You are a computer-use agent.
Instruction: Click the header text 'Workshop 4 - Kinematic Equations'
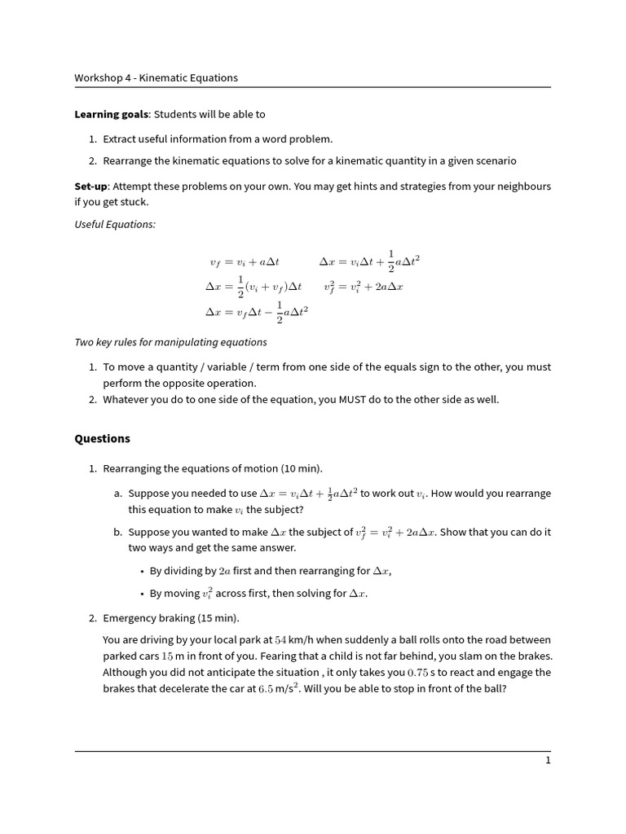(156, 78)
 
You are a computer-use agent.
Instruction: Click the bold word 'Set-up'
(90, 187)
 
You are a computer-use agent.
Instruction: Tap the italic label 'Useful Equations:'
(115, 225)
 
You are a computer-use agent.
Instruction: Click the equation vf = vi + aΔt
(245, 263)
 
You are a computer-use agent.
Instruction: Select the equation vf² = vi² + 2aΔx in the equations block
(364, 287)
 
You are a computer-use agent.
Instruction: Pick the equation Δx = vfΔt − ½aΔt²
(257, 313)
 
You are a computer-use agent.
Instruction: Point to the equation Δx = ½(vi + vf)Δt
(253, 287)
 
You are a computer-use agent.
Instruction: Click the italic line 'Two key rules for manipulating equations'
(170, 342)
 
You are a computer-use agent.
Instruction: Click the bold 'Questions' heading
(102, 438)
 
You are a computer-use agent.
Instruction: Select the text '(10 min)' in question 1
(302, 468)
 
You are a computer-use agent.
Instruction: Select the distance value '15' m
(168, 656)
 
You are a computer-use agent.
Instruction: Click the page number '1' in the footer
(548, 761)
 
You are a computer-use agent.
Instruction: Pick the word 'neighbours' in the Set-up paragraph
(522, 187)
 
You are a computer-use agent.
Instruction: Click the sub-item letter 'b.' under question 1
(118, 532)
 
